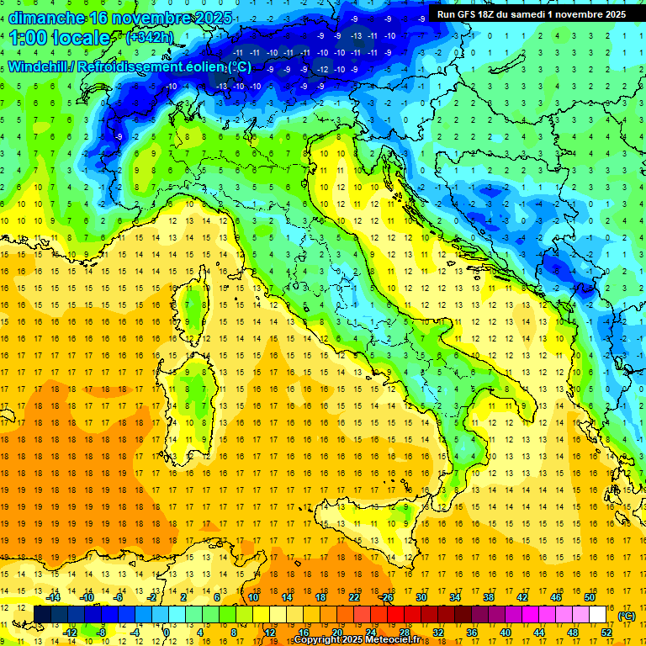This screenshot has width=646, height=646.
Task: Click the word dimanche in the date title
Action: tap(45, 18)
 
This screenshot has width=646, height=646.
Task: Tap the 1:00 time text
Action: tap(29, 38)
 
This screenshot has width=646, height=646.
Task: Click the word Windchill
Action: tap(38, 67)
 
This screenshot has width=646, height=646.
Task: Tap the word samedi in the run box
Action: tap(546, 14)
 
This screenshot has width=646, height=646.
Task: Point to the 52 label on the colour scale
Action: tap(606, 633)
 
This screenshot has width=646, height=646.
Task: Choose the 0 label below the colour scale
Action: tap(167, 633)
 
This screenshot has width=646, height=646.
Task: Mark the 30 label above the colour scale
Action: tap(421, 597)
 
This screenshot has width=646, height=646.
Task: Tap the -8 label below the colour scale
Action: tap(102, 633)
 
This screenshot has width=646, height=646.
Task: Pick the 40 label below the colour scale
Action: tap(506, 633)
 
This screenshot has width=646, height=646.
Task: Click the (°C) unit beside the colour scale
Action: tap(627, 616)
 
